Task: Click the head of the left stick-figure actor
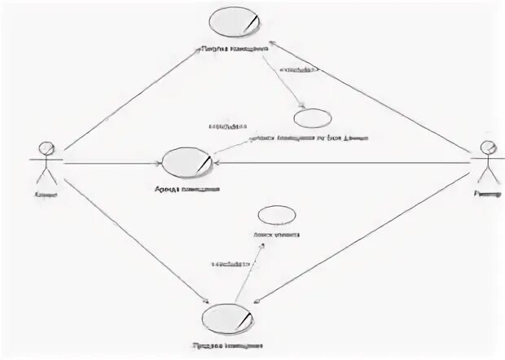tap(46, 148)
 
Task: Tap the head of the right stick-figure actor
tap(487, 147)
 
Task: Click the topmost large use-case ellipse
tap(236, 22)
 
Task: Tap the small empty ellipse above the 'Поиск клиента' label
tap(276, 217)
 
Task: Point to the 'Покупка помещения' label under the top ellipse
tap(236, 49)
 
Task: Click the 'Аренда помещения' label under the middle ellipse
tap(187, 191)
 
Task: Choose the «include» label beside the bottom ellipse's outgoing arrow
tap(231, 264)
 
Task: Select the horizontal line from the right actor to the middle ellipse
tap(342, 163)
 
